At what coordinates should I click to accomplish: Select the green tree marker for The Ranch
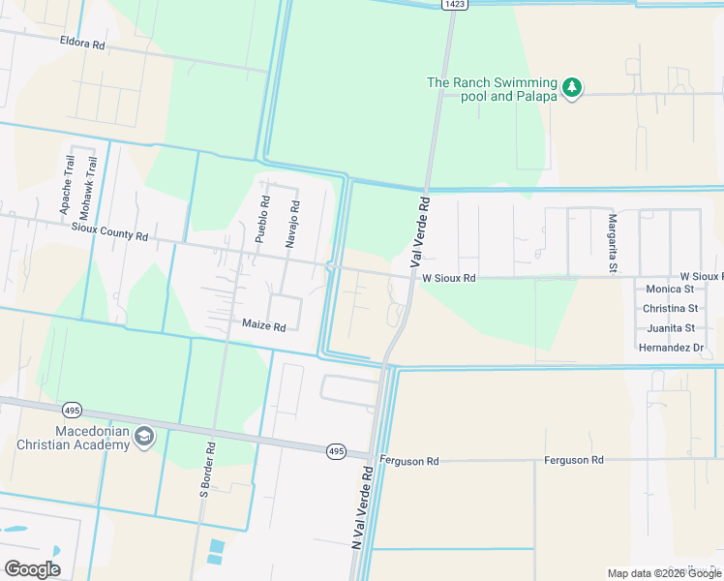(x=572, y=88)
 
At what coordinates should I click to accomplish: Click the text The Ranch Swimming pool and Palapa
(x=494, y=89)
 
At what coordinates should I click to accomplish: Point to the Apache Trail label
(x=66, y=193)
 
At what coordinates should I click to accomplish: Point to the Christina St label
(x=669, y=309)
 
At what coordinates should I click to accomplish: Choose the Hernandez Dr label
(x=670, y=347)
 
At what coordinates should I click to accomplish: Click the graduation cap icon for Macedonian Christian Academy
(x=144, y=437)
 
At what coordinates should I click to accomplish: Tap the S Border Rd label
(x=205, y=468)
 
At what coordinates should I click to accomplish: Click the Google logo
(x=32, y=569)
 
